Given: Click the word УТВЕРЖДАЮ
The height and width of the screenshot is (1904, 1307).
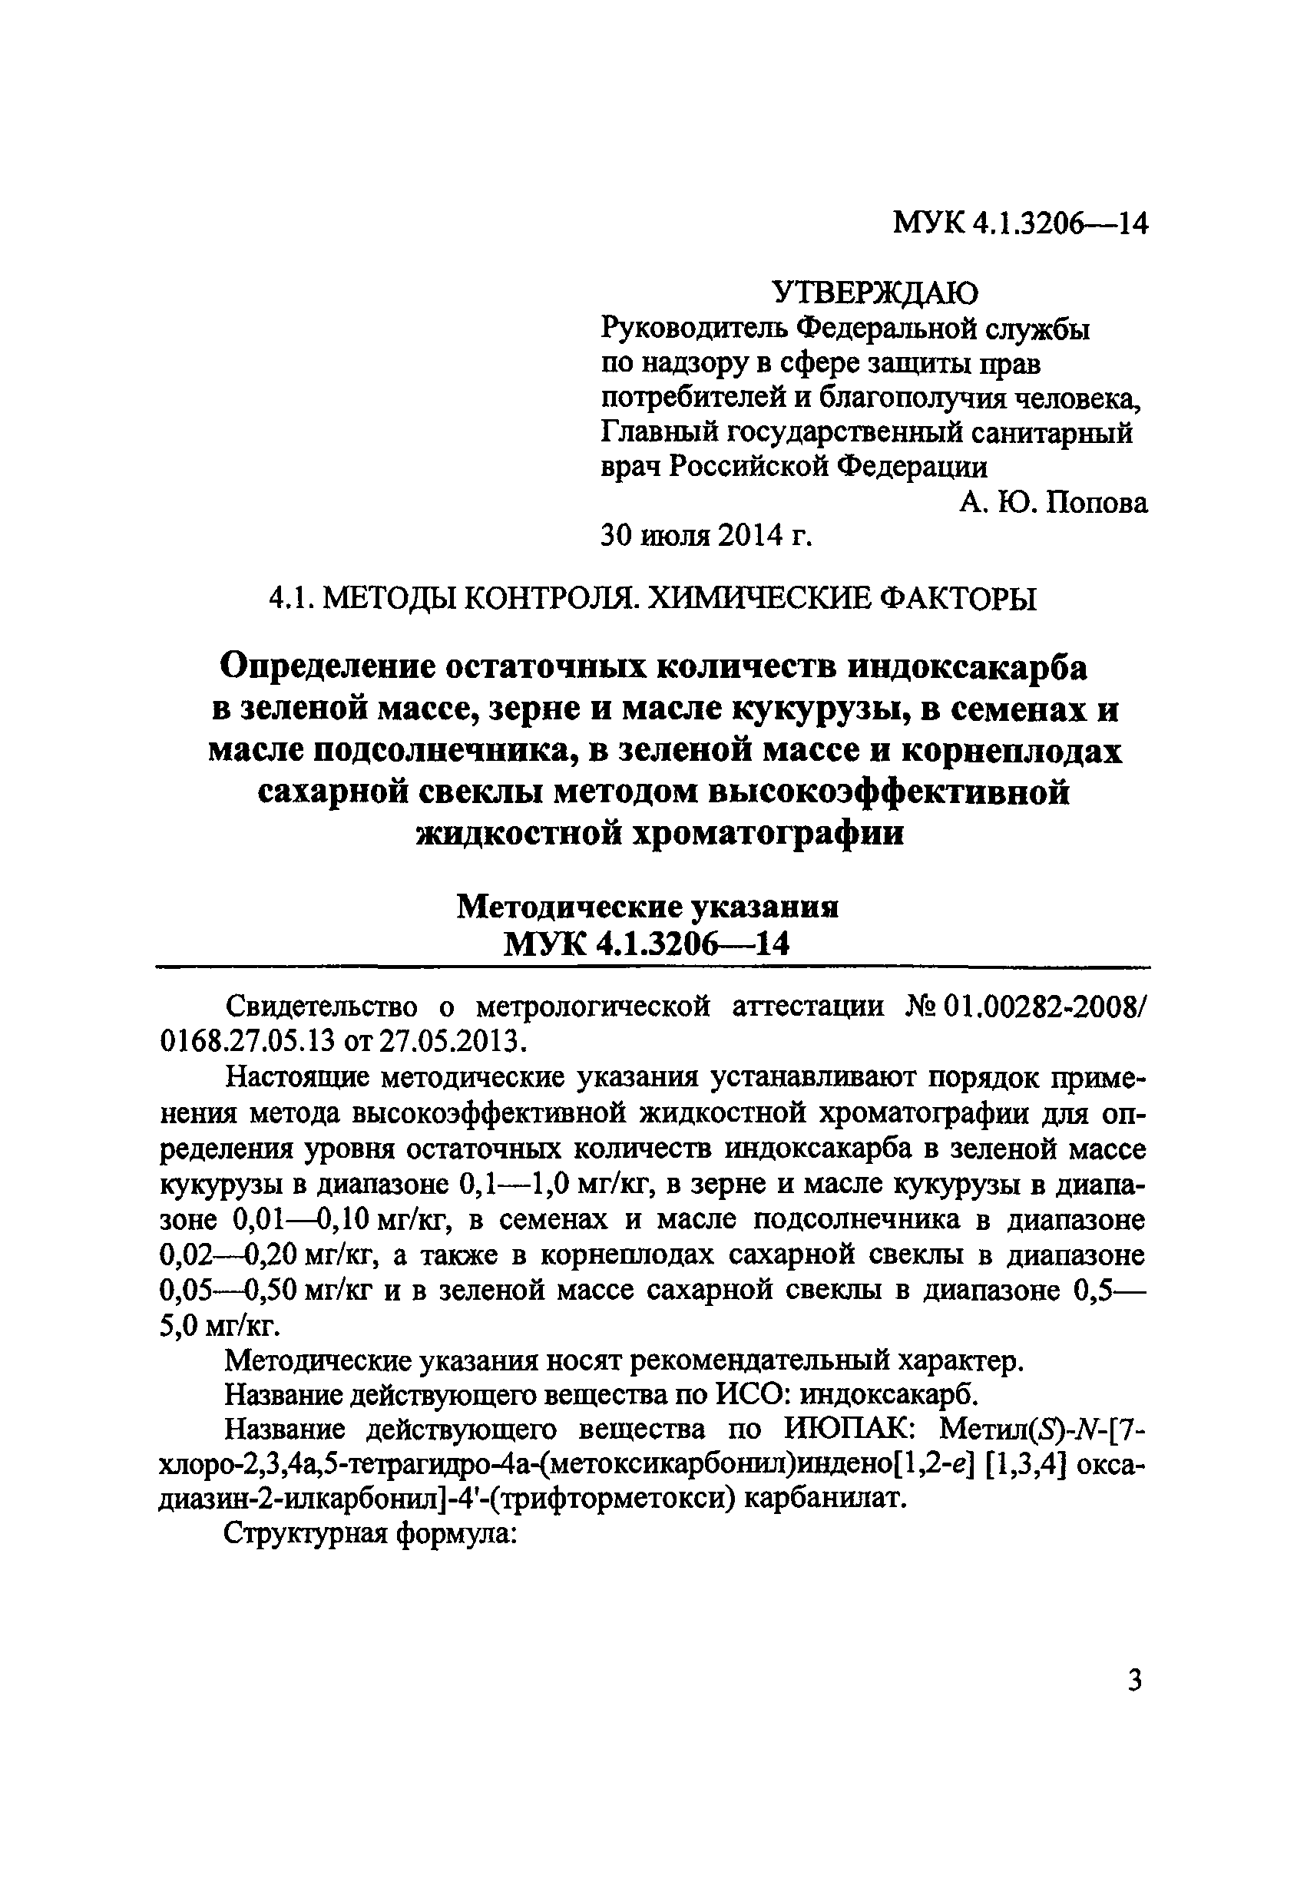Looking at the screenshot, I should click(x=875, y=292).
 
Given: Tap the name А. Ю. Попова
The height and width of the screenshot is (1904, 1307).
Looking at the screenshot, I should click(x=1053, y=501).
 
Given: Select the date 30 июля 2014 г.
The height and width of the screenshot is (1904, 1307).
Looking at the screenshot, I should click(x=706, y=536).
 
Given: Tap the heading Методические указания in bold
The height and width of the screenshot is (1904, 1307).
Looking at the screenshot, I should click(x=647, y=907).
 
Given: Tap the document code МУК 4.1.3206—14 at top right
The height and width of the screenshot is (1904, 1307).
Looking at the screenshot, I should click(x=1021, y=222).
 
